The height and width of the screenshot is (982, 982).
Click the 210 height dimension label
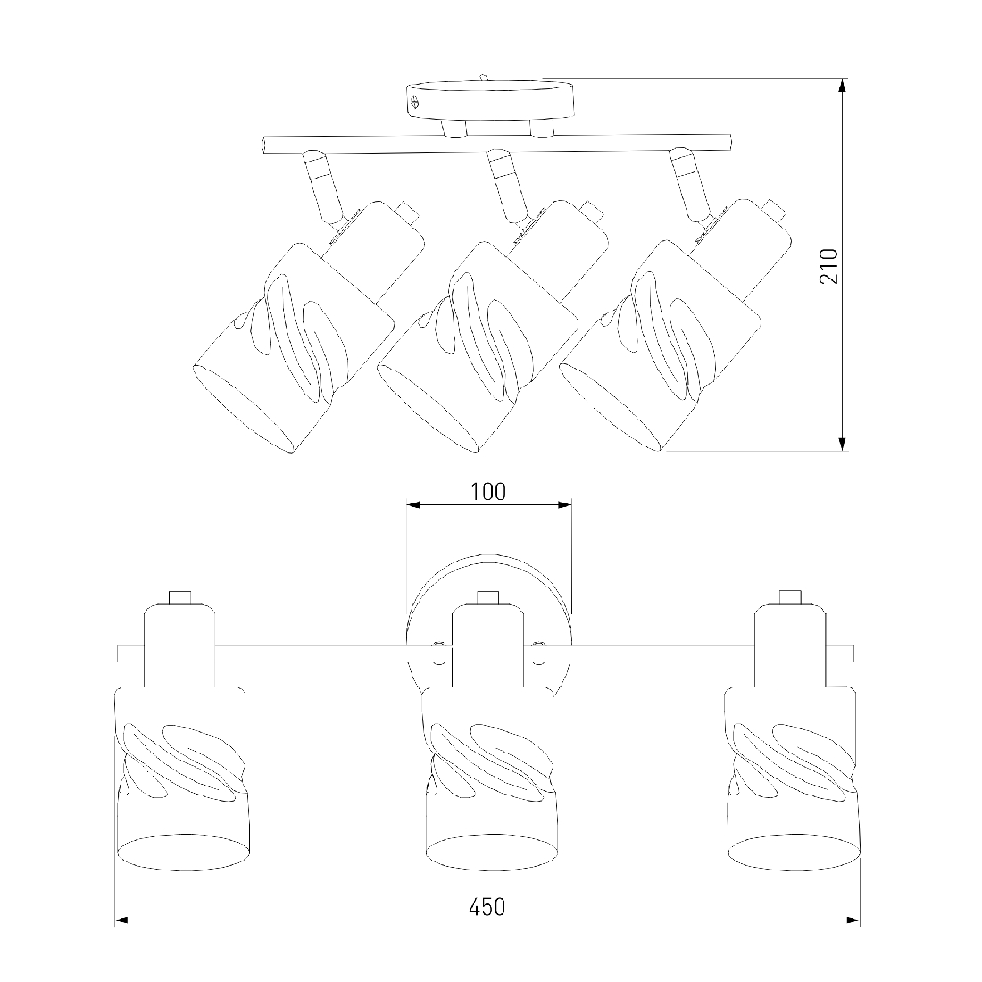point(828,265)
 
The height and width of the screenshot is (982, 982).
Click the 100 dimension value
point(488,492)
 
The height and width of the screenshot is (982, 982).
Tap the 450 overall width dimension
point(487,907)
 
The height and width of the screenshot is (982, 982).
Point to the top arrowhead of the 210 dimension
point(843,87)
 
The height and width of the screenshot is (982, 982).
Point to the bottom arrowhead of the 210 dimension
point(843,442)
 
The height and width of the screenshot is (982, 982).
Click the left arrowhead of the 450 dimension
point(123,920)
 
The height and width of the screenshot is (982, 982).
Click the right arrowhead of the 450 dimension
point(852,920)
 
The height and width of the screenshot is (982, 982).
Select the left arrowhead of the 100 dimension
point(415,504)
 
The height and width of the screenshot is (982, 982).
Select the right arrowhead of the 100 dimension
point(563,504)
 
